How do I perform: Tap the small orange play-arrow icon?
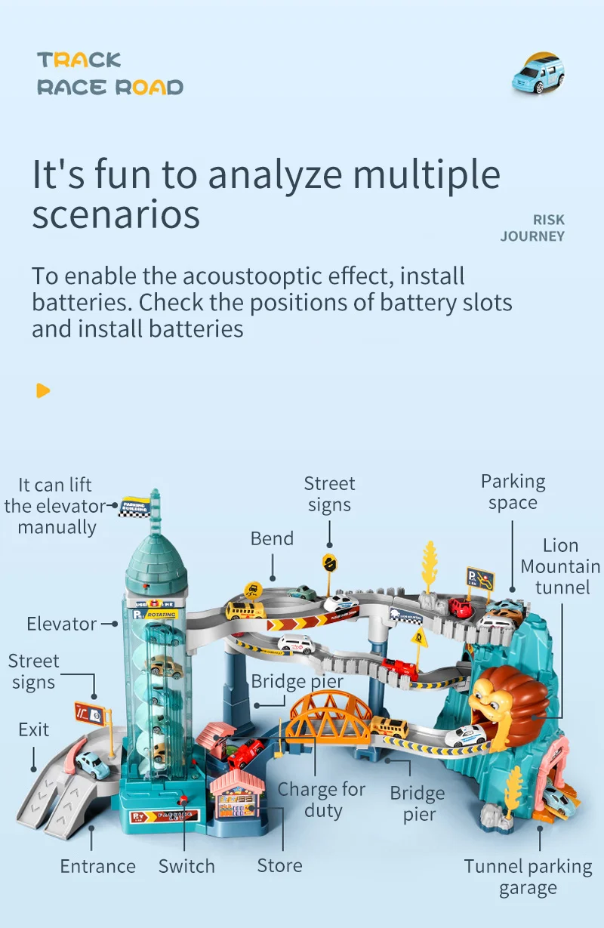click(x=43, y=390)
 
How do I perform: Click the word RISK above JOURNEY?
click(x=549, y=220)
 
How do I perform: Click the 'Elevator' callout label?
click(x=61, y=624)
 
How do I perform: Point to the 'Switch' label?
click(x=186, y=866)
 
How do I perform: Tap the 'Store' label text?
click(x=279, y=866)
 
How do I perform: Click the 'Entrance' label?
click(x=98, y=866)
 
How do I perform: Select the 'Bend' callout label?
click(x=272, y=538)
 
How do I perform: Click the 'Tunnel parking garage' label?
click(x=528, y=877)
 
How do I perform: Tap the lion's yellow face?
click(x=491, y=698)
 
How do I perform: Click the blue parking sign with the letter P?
click(x=480, y=580)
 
